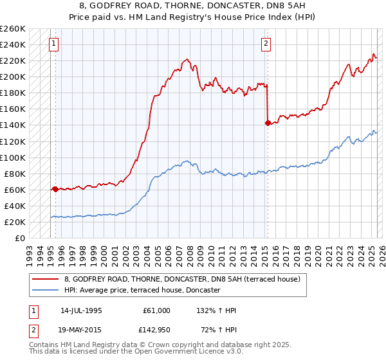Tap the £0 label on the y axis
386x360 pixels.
20,238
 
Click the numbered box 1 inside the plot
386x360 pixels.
53,44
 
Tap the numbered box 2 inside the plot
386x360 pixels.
266,44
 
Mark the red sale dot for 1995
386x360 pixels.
55,189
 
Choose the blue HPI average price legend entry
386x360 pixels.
142,291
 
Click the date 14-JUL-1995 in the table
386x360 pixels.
81,310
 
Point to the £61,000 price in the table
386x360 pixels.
156,310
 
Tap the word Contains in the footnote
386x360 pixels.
44,346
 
